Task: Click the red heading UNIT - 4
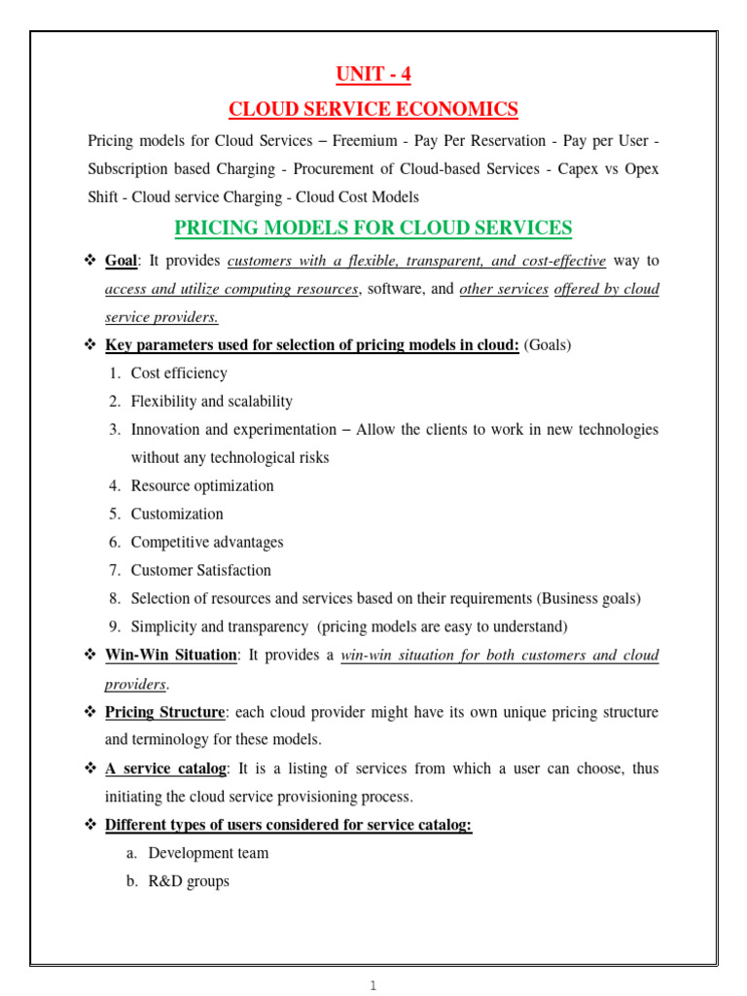[x=373, y=74]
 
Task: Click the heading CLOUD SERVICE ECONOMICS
[x=373, y=108]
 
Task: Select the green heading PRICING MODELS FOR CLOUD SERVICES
[x=373, y=228]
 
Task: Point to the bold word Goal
[x=122, y=261]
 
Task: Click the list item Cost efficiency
[x=179, y=373]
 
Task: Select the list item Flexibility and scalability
[x=211, y=401]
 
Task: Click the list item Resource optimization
[x=202, y=485]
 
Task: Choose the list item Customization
[x=177, y=514]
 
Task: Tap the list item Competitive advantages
[x=207, y=542]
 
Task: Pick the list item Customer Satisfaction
[x=200, y=570]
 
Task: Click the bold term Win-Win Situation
[x=170, y=655]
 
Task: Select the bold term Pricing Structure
[x=165, y=712]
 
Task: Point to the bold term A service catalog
[x=165, y=768]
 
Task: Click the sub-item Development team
[x=208, y=853]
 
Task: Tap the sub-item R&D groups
[x=189, y=881]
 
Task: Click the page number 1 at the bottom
[x=373, y=985]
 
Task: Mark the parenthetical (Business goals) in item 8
[x=581, y=598]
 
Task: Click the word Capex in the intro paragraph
[x=580, y=168]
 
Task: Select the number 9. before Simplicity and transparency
[x=114, y=626]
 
